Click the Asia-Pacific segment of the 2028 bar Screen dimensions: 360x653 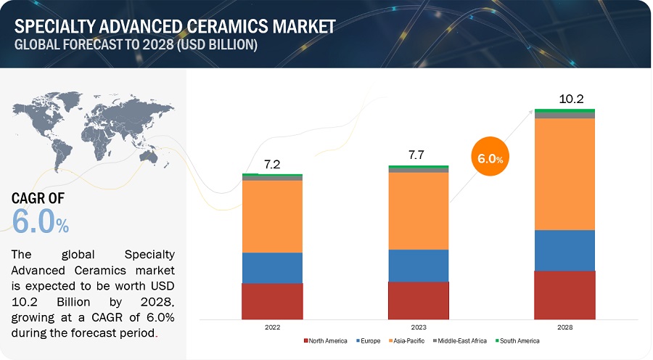click(x=564, y=174)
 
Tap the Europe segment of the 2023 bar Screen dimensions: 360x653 click(x=419, y=265)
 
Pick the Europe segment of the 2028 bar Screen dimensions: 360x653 click(x=564, y=250)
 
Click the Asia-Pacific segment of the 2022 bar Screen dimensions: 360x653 click(x=272, y=216)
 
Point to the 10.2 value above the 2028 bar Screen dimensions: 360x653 click(x=564, y=98)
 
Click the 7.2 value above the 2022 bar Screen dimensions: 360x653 click(x=272, y=165)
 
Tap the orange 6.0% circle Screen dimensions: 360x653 click(x=491, y=157)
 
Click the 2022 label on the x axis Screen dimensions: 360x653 click(x=272, y=327)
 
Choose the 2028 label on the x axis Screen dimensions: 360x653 click(x=564, y=327)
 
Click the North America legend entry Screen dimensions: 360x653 click(x=326, y=340)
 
